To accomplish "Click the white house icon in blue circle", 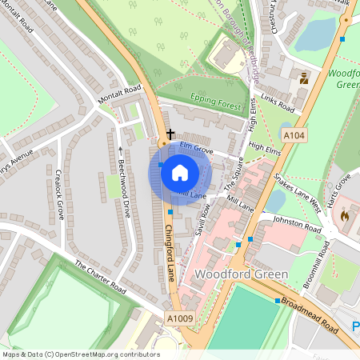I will [180, 171].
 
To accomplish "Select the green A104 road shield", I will [294, 136].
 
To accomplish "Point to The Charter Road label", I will [100, 276].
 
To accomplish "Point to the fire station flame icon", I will [345, 215].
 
